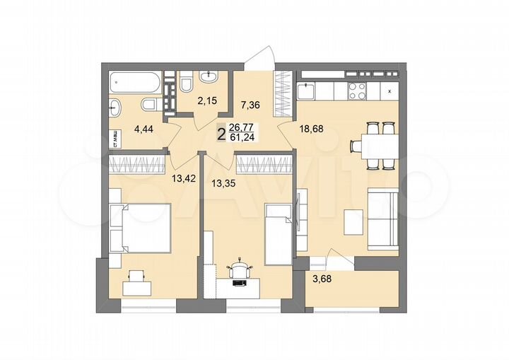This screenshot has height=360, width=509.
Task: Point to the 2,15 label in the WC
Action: pyautogui.click(x=207, y=101)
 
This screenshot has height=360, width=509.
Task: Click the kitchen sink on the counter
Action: pyautogui.click(x=306, y=90)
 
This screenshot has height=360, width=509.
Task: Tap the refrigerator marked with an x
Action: pyautogui.click(x=390, y=90)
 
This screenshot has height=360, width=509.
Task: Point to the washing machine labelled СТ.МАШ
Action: pyautogui.click(x=113, y=139)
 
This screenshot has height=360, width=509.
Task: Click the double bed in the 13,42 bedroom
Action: pyautogui.click(x=141, y=227)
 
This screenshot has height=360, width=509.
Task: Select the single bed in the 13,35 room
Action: pyautogui.click(x=277, y=233)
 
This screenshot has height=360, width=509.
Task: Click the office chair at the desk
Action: pyautogui.click(x=240, y=269)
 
